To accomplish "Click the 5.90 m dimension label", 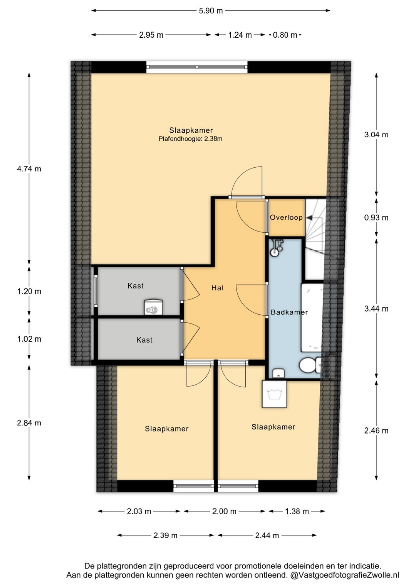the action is pyautogui.click(x=210, y=11).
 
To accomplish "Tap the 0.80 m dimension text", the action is pyautogui.click(x=285, y=35).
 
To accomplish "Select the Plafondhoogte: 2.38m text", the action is pyautogui.click(x=190, y=139).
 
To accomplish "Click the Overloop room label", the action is pyautogui.click(x=286, y=217).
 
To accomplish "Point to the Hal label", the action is pyautogui.click(x=218, y=288).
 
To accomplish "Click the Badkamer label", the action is pyautogui.click(x=289, y=312).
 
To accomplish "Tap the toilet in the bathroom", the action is pyautogui.click(x=310, y=365).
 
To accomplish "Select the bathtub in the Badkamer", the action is pyautogui.click(x=312, y=318).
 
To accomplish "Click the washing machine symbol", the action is pyautogui.click(x=274, y=394).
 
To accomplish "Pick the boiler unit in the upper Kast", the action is pyautogui.click(x=154, y=307).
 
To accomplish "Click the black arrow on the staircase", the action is pyautogui.click(x=309, y=217).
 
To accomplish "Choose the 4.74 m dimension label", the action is pyautogui.click(x=29, y=169).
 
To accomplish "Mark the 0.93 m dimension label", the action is pyautogui.click(x=376, y=218).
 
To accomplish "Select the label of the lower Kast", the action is pyautogui.click(x=144, y=340).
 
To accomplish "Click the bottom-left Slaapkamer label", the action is pyautogui.click(x=167, y=429).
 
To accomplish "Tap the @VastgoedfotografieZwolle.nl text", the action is pyautogui.click(x=345, y=575).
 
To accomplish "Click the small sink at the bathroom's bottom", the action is pyautogui.click(x=278, y=373).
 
